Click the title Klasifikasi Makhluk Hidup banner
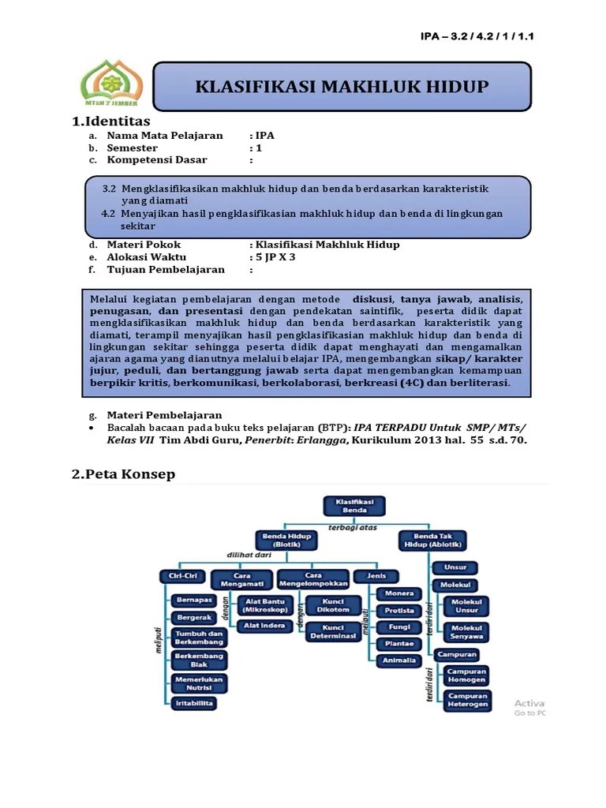tap(342, 86)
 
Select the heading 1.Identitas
tap(110, 122)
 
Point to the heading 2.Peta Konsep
tap(123, 473)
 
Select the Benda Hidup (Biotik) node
tap(282, 541)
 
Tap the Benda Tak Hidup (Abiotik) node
tap(432, 541)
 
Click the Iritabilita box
tap(194, 701)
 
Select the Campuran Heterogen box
tap(468, 700)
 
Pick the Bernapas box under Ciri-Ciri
tap(194, 600)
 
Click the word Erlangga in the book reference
tap(320, 440)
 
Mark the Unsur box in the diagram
tap(454, 567)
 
